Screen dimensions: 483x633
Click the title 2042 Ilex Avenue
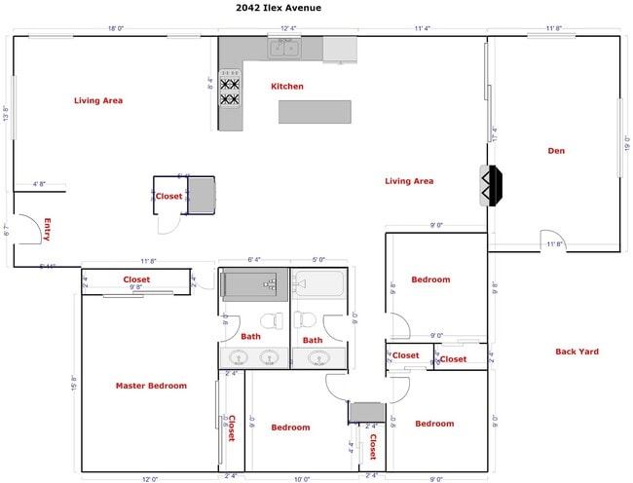pos(278,8)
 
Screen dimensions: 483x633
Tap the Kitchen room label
pos(287,87)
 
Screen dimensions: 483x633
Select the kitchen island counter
pos(315,112)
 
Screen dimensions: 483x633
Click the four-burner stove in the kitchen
pos(230,87)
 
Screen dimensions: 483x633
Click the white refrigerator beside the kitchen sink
pos(340,48)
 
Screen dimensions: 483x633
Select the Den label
pos(556,151)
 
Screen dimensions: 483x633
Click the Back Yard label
pos(577,352)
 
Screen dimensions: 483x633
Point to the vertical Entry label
pos(47,229)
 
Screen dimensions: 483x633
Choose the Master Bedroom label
pos(151,386)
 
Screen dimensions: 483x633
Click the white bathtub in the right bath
pos(317,284)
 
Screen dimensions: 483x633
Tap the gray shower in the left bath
pos(252,284)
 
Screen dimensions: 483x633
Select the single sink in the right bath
pos(318,357)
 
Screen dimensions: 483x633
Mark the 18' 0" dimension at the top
pos(116,29)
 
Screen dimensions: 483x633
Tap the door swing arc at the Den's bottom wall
pos(551,240)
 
